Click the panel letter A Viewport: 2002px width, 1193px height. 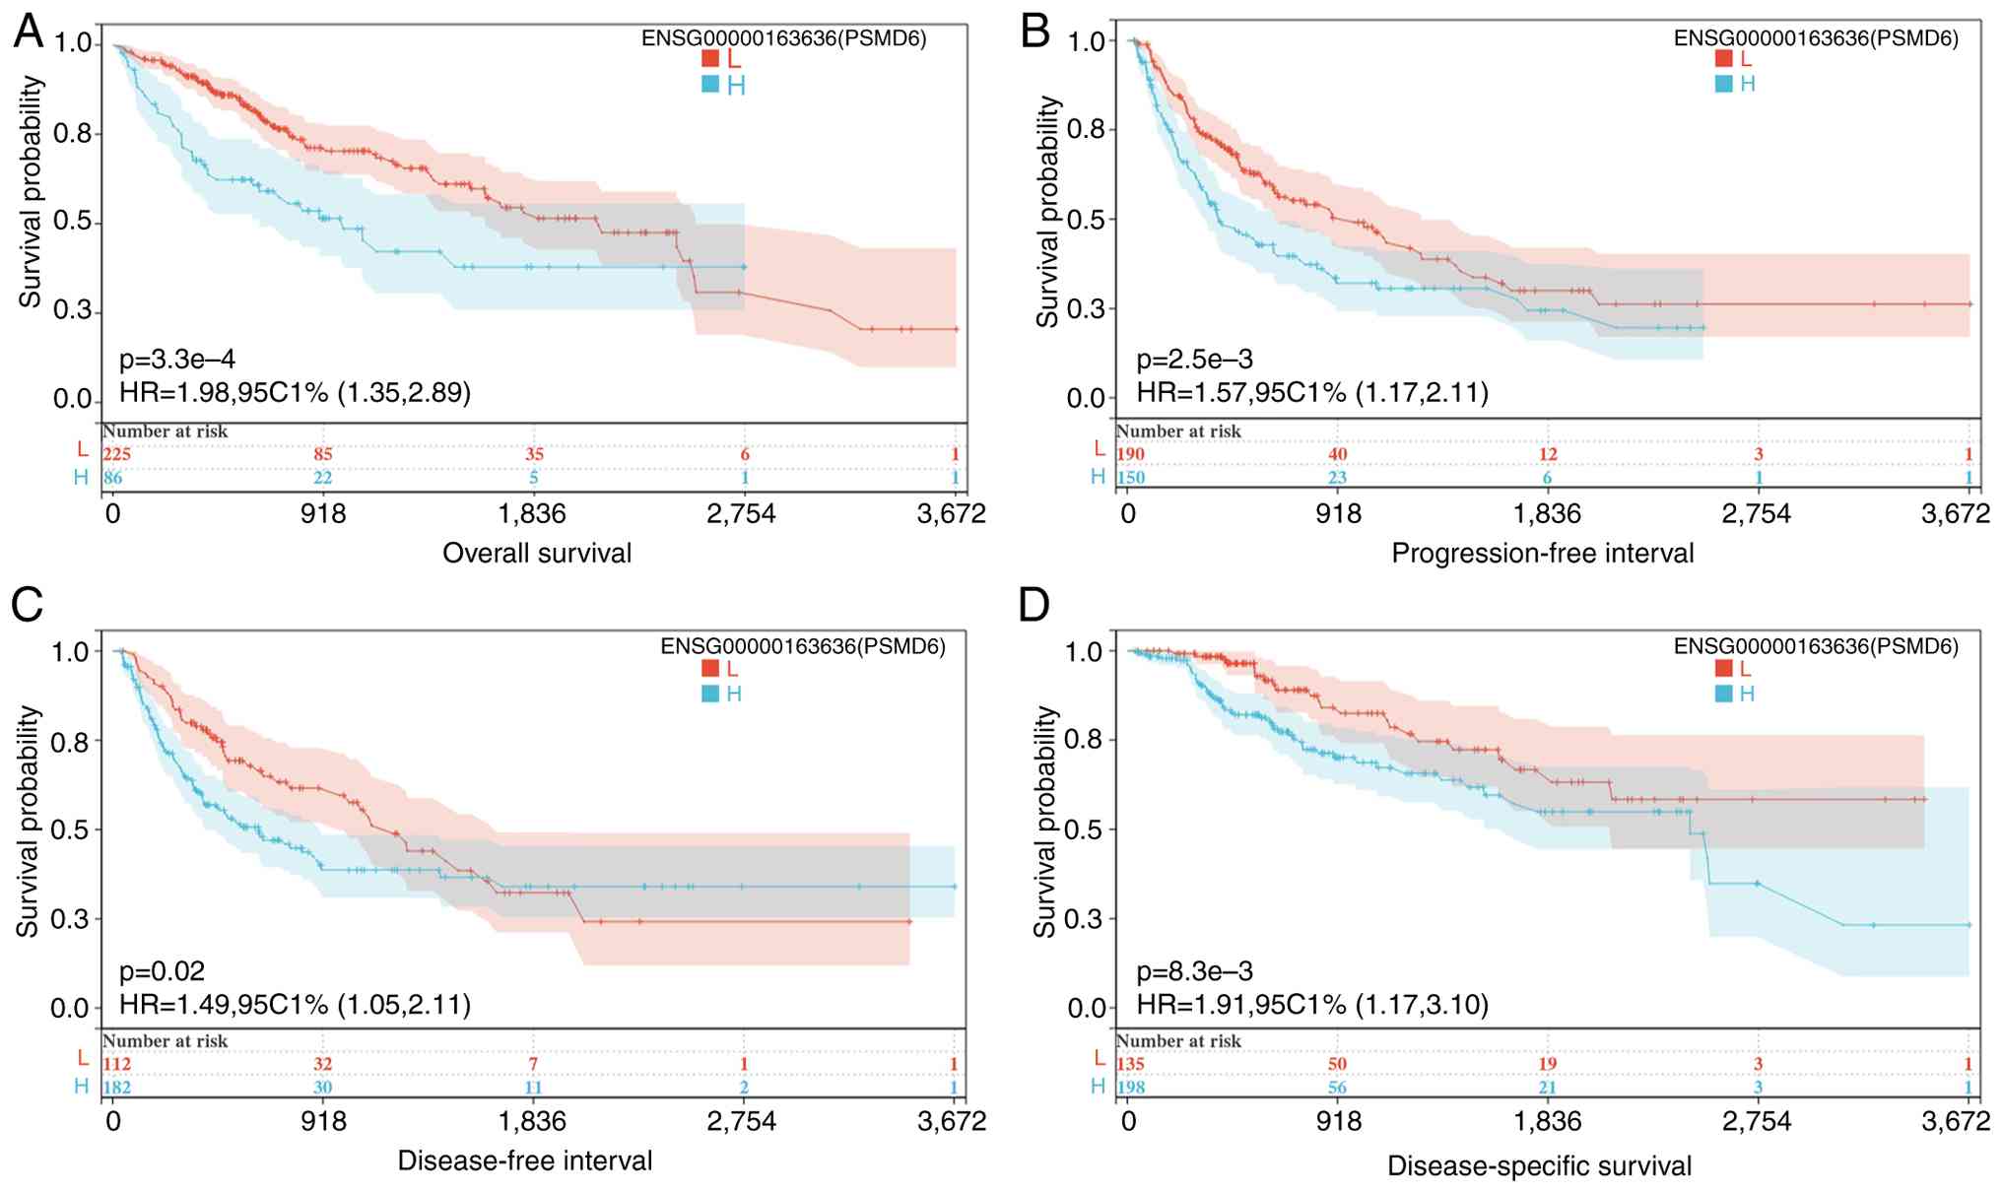pos(29,32)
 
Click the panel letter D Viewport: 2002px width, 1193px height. pos(1034,605)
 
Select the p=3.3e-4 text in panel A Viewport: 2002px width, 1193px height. pos(177,360)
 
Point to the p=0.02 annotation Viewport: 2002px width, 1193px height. pos(162,971)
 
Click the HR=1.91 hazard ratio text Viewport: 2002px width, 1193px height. pos(1311,1005)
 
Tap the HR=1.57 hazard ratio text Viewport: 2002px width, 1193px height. pos(1311,393)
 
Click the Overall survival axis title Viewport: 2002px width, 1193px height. pos(537,553)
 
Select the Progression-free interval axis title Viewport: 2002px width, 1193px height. pos(1542,554)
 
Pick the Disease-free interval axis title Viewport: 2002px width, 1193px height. pos(524,1160)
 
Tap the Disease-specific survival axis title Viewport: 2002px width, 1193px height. pos(1539,1166)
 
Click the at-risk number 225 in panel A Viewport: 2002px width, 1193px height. pos(116,454)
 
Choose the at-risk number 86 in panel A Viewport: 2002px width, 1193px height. pos(113,479)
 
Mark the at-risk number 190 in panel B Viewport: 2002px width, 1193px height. pos(1130,454)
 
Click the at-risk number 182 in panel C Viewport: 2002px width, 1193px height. pos(116,1088)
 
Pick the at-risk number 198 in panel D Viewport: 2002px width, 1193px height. pos(1130,1088)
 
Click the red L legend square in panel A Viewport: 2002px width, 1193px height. pos(710,59)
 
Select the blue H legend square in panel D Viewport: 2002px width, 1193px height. pos(1723,694)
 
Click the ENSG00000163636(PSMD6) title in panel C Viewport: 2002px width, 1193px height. pos(802,646)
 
